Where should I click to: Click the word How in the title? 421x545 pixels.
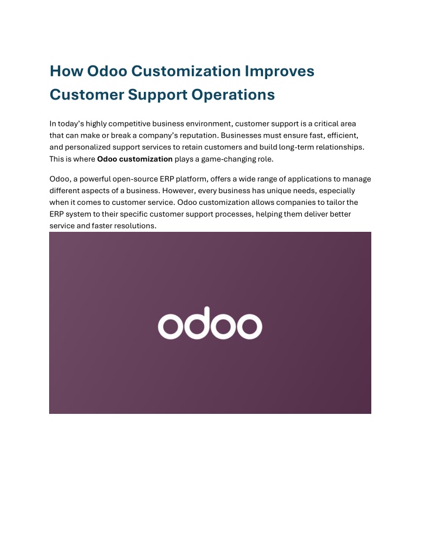tap(66, 71)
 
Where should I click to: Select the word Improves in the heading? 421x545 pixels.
tap(279, 71)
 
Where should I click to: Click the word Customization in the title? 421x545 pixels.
tap(186, 71)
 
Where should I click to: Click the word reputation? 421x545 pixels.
tap(199, 136)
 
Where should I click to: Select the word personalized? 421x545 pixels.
tap(88, 148)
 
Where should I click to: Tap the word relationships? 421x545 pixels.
tap(340, 148)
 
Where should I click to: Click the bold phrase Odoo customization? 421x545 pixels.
tap(134, 159)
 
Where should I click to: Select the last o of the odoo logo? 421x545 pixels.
tap(249, 327)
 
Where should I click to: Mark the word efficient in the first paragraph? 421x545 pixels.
tap(343, 135)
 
